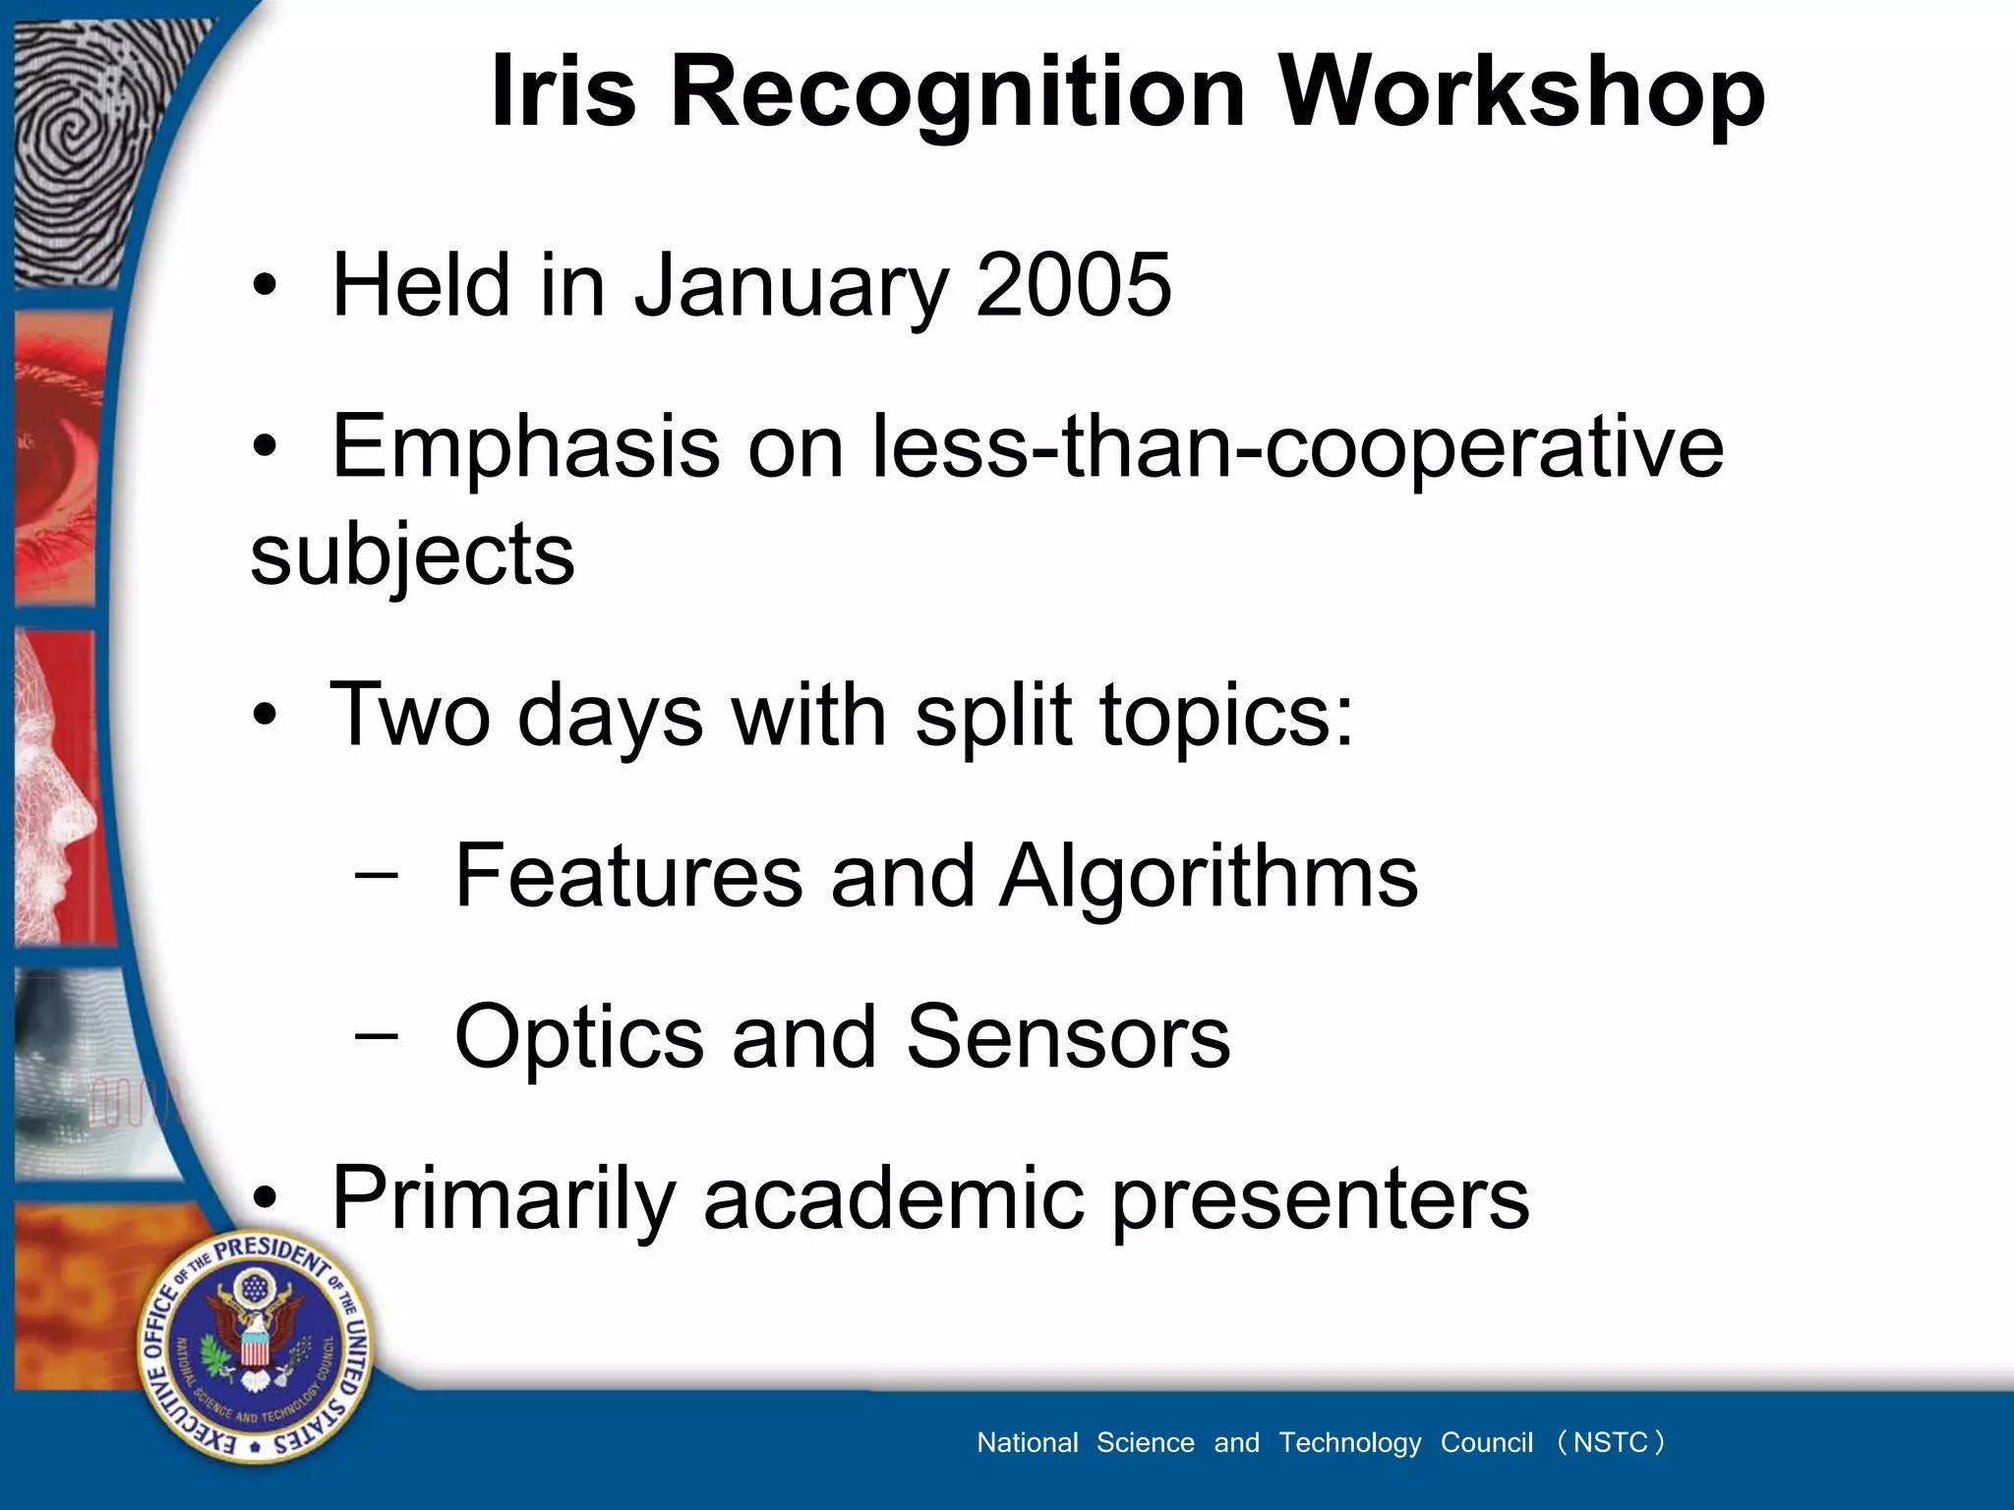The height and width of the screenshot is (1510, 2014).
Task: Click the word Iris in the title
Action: click(x=563, y=91)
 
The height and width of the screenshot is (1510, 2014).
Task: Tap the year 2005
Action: click(x=1073, y=285)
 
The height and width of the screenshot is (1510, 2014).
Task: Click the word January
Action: click(x=792, y=287)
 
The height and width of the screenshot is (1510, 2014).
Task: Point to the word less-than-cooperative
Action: click(x=1298, y=448)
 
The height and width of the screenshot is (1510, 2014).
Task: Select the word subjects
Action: click(x=412, y=555)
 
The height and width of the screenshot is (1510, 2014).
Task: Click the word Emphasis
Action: click(x=526, y=448)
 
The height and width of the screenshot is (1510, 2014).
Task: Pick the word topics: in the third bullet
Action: click(x=1226, y=716)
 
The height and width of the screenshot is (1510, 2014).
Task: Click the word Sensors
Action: click(x=1067, y=1037)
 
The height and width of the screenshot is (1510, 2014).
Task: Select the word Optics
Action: click(x=579, y=1037)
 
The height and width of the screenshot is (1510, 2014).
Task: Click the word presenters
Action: click(x=1321, y=1200)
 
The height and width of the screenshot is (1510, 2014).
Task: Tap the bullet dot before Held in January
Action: click(x=264, y=287)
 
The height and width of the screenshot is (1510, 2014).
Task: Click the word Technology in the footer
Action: click(x=1349, y=1442)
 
